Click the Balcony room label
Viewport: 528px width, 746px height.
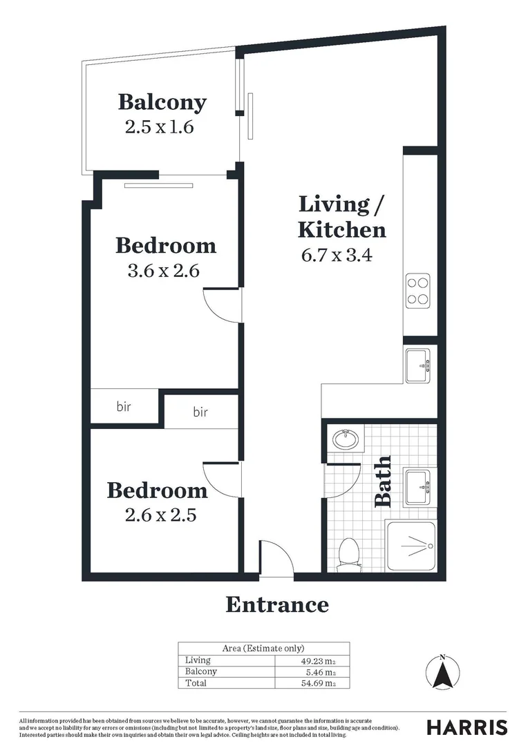pyautogui.click(x=162, y=102)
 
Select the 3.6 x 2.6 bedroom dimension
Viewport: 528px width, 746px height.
pyautogui.click(x=164, y=271)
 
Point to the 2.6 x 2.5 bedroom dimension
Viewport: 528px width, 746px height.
pyautogui.click(x=156, y=515)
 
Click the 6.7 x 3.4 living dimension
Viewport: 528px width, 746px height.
pyautogui.click(x=337, y=255)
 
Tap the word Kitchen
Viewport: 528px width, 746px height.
pyautogui.click(x=341, y=229)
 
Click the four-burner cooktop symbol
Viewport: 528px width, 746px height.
pyautogui.click(x=417, y=290)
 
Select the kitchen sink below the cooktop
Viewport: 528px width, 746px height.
pyautogui.click(x=417, y=365)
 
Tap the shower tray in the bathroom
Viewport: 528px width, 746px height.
pyautogui.click(x=411, y=546)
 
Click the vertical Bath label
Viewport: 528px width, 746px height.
pyautogui.click(x=383, y=481)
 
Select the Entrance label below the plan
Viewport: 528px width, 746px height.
pyautogui.click(x=277, y=605)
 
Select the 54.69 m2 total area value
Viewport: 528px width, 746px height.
pyautogui.click(x=321, y=683)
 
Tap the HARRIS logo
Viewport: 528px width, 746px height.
pyautogui.click(x=466, y=727)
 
